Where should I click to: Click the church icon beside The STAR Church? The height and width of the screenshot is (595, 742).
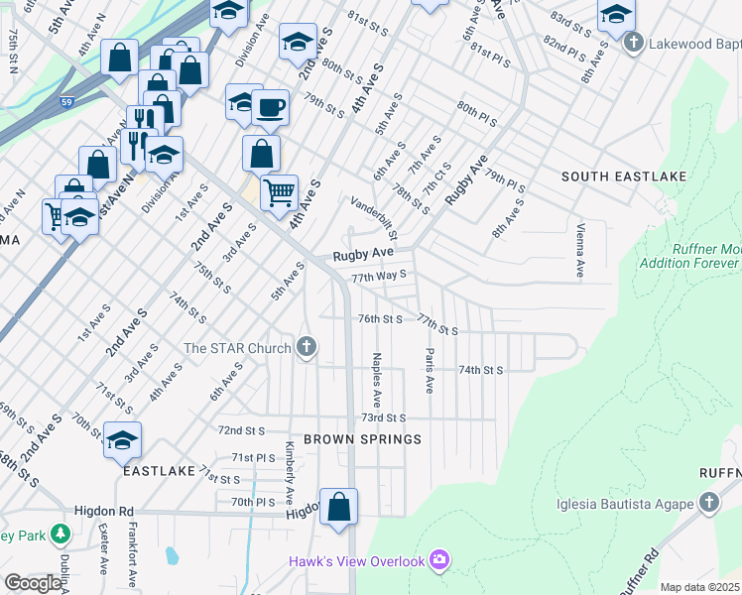click(308, 348)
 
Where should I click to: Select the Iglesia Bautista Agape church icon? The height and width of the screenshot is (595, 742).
click(708, 504)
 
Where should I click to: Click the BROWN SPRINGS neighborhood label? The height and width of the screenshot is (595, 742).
click(362, 438)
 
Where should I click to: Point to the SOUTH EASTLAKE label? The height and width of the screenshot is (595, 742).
click(610, 177)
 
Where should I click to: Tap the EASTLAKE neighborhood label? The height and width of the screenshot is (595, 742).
click(156, 472)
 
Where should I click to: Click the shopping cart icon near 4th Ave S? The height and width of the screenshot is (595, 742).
click(280, 190)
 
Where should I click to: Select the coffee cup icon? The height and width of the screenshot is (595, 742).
click(269, 107)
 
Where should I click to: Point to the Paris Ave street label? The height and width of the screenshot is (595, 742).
click(430, 371)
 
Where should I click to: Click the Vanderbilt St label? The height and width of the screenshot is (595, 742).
click(374, 218)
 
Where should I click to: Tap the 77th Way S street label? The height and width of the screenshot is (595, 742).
click(379, 275)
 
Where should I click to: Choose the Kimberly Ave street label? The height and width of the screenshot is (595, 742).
click(291, 470)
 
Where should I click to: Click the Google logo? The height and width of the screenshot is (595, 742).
click(33, 584)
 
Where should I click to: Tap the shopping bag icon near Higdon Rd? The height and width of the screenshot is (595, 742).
click(338, 506)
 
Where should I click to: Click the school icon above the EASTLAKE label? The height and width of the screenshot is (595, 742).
click(122, 440)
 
